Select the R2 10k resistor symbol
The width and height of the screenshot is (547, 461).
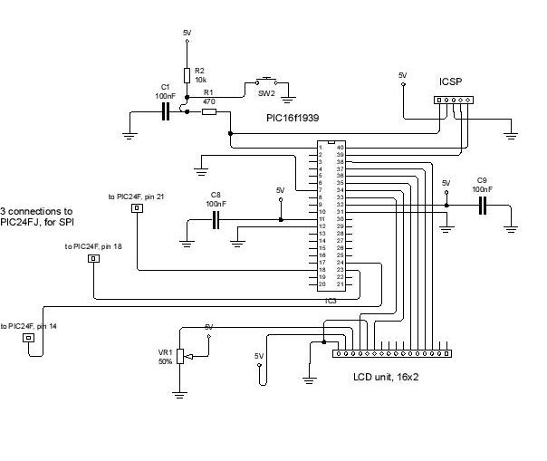(187, 75)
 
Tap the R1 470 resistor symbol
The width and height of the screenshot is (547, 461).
(208, 111)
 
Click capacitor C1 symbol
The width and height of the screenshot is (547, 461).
(166, 111)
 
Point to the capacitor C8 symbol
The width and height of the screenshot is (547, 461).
(216, 220)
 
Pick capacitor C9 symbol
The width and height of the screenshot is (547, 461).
(483, 206)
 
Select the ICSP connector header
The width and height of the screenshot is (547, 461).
(451, 101)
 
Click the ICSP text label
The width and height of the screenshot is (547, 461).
(451, 81)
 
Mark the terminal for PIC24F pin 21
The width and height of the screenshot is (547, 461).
(137, 208)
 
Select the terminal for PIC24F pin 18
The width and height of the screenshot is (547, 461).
(93, 259)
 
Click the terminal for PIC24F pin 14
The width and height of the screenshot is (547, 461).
(29, 338)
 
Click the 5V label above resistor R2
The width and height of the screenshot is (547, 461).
(187, 33)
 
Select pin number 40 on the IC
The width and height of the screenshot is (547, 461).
(341, 147)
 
